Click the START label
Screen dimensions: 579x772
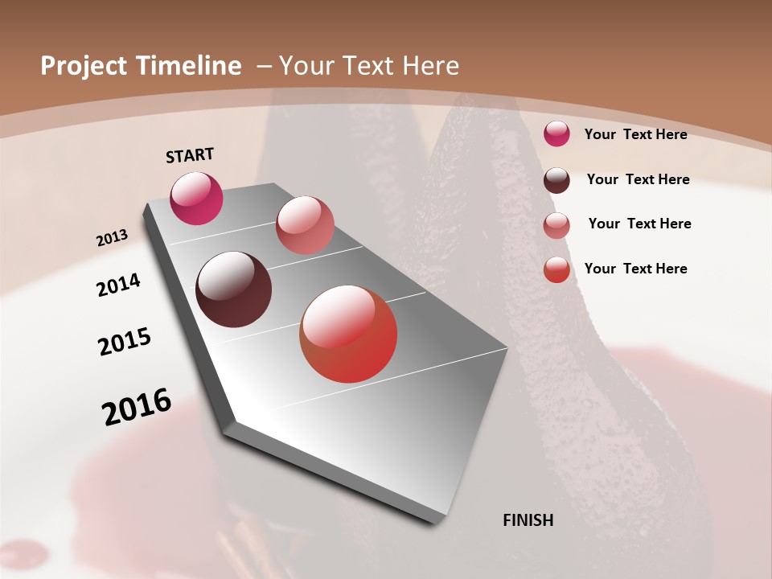pos(190,155)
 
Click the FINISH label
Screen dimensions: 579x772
pos(528,520)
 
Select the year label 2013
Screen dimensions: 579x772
pos(112,238)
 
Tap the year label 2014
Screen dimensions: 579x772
pos(118,285)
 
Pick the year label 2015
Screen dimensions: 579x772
pos(125,342)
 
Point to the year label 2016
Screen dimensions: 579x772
pos(137,407)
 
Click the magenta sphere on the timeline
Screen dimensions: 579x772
pos(196,198)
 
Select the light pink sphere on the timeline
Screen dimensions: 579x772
pos(305,225)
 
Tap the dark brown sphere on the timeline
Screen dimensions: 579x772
pos(233,289)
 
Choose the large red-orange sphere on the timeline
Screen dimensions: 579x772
pos(348,335)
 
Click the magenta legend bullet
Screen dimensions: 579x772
pos(556,133)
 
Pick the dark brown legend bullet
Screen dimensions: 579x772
pos(556,179)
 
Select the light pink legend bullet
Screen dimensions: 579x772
pos(556,224)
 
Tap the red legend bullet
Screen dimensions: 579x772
pos(556,269)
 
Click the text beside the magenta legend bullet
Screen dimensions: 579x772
pos(635,134)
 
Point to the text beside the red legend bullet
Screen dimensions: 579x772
pos(635,269)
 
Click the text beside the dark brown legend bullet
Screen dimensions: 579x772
pos(638,179)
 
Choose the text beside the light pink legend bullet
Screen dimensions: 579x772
pos(639,224)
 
